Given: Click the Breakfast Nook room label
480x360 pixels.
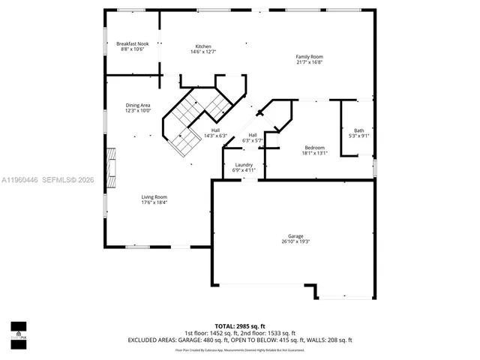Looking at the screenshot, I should coord(133,43).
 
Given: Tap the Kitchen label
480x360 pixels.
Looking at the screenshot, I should coord(203,46).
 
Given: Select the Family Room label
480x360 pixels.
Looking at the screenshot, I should coord(309,57).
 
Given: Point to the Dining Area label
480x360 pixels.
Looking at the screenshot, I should coord(138,105).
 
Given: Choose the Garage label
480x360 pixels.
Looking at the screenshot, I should coord(295,235).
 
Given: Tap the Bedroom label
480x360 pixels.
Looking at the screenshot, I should coord(314,147).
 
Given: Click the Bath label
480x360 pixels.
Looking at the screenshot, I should coord(358,130).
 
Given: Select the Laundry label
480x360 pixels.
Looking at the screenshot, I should coord(244,164).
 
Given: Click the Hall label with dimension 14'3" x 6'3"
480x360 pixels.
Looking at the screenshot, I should coord(215,130).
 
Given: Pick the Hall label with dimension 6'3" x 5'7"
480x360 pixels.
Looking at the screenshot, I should coord(253,135).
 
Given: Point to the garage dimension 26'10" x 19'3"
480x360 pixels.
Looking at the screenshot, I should coord(295,241).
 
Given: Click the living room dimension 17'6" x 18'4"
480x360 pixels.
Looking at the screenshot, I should coord(154,202).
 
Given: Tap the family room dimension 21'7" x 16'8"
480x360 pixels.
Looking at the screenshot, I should coord(309,63).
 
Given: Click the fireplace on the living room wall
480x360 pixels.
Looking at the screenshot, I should coord(111,169).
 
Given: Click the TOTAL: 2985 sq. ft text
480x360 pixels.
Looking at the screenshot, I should coord(240,326).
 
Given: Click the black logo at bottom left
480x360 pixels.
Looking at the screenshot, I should coord(18,331).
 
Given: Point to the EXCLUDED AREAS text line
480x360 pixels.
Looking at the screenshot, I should coord(240,340).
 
